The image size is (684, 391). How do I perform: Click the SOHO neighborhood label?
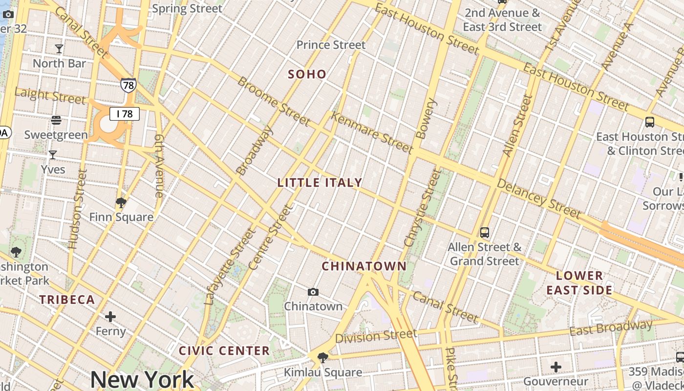point(307,74)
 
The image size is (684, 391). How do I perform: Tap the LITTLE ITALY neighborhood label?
point(320,183)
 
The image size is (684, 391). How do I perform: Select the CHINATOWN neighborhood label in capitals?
point(364,266)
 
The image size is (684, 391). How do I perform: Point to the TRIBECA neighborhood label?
point(67,300)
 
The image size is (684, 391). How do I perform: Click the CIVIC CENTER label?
point(224,351)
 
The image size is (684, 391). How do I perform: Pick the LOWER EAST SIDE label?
point(579,283)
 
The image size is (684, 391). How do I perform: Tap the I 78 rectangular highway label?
point(125,114)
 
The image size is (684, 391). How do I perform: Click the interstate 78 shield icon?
point(128,86)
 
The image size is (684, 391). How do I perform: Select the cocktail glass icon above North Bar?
point(59,49)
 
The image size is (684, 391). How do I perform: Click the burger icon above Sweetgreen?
point(56,120)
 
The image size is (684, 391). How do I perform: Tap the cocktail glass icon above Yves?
point(53,155)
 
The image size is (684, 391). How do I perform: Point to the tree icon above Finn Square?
point(121,203)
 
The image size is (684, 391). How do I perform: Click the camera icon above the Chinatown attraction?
point(313,292)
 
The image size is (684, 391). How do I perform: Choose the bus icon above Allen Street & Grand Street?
point(485,233)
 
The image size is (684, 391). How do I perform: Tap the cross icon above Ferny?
point(110,317)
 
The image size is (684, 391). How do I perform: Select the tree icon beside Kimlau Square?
point(322,358)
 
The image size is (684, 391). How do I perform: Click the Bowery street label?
point(425,118)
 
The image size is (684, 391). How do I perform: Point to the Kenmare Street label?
point(372,132)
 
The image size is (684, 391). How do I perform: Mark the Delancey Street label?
point(539,198)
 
